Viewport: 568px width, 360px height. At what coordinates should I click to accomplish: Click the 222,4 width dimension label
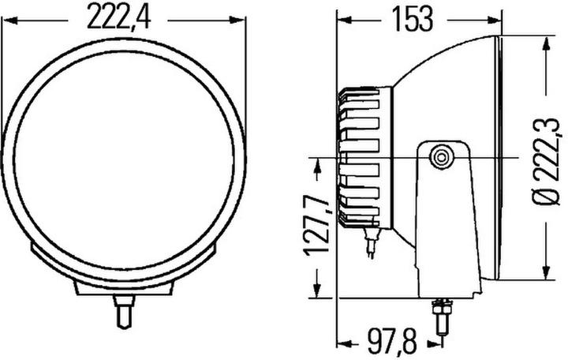pos(120,17)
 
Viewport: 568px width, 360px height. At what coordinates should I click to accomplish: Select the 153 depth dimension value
pos(410,18)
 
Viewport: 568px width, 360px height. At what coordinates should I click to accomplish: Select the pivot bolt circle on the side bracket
pos(442,156)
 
